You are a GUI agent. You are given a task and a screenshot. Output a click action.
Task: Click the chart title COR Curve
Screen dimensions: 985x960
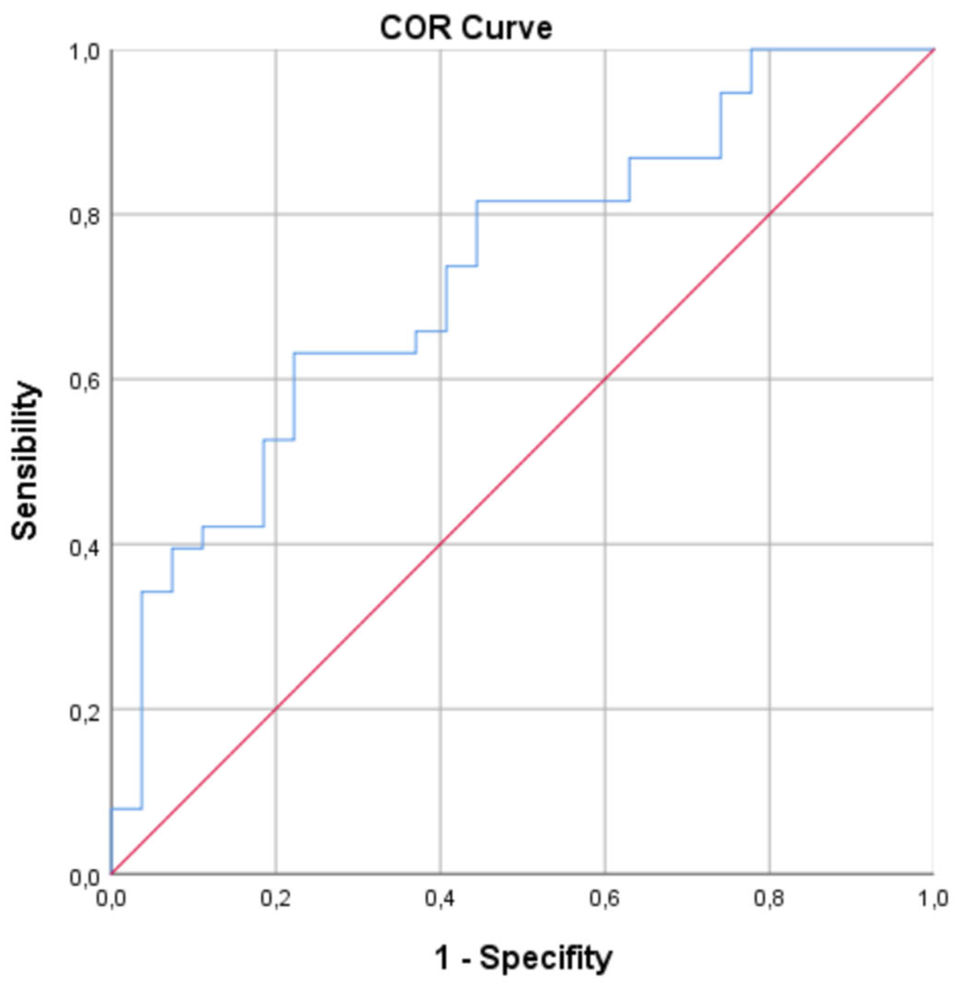(x=467, y=29)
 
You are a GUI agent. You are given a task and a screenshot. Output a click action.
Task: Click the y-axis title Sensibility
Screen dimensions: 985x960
(x=25, y=460)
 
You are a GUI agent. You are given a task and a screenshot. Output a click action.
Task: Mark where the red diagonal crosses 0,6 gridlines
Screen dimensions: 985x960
(x=605, y=379)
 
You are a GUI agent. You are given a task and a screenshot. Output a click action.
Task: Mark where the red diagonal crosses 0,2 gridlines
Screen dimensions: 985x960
(x=275, y=709)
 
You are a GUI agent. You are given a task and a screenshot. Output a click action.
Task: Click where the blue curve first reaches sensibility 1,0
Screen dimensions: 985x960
(x=752, y=50)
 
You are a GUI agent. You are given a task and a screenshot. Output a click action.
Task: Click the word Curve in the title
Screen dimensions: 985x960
(x=507, y=29)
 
